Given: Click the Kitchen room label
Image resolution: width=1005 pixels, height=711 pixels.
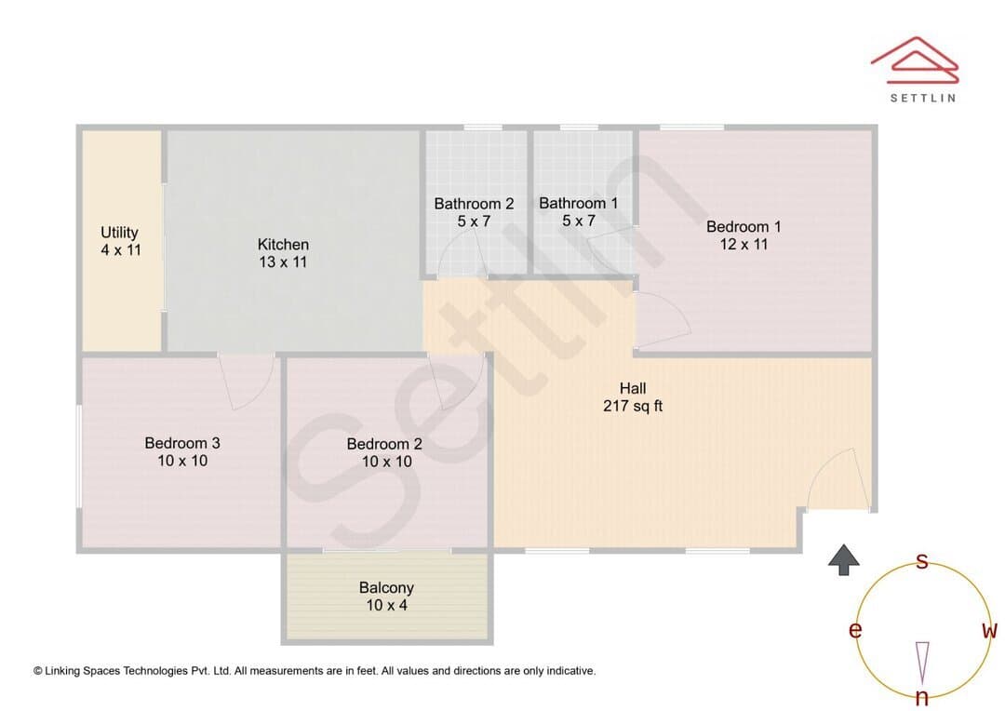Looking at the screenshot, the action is (283, 244).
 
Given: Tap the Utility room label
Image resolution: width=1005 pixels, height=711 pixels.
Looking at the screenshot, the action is (119, 232).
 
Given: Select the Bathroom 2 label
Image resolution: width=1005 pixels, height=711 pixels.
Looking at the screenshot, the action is (474, 204).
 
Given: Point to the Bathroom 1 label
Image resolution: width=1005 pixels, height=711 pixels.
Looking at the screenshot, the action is (579, 203).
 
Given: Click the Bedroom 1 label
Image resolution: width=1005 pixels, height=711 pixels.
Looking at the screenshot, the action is (744, 226).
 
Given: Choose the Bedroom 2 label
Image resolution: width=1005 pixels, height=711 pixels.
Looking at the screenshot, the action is (384, 444).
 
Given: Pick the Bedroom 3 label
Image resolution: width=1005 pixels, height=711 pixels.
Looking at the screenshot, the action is (182, 443).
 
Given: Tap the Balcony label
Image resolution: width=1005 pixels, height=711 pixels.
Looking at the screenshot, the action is (386, 588).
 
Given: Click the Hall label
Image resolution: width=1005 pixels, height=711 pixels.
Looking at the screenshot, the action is (633, 388).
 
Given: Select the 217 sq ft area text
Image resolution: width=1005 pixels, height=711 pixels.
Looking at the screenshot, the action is (633, 406).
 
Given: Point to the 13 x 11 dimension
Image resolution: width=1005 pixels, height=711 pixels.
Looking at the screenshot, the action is (283, 262).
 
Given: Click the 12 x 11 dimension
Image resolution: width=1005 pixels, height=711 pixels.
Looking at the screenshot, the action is (744, 244).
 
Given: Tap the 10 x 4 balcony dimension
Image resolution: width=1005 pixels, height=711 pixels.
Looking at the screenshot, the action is (386, 605).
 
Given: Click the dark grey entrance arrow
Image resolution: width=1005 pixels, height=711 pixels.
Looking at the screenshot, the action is (843, 559).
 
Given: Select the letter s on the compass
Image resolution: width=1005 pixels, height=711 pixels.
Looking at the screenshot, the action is (922, 561).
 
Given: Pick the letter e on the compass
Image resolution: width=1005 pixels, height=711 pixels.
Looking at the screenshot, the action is (855, 630).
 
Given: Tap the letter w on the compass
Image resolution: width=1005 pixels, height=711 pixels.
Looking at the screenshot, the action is (989, 630).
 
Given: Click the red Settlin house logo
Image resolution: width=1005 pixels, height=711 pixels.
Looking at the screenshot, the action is (915, 60).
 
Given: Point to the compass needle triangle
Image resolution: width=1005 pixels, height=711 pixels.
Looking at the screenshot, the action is (922, 663).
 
